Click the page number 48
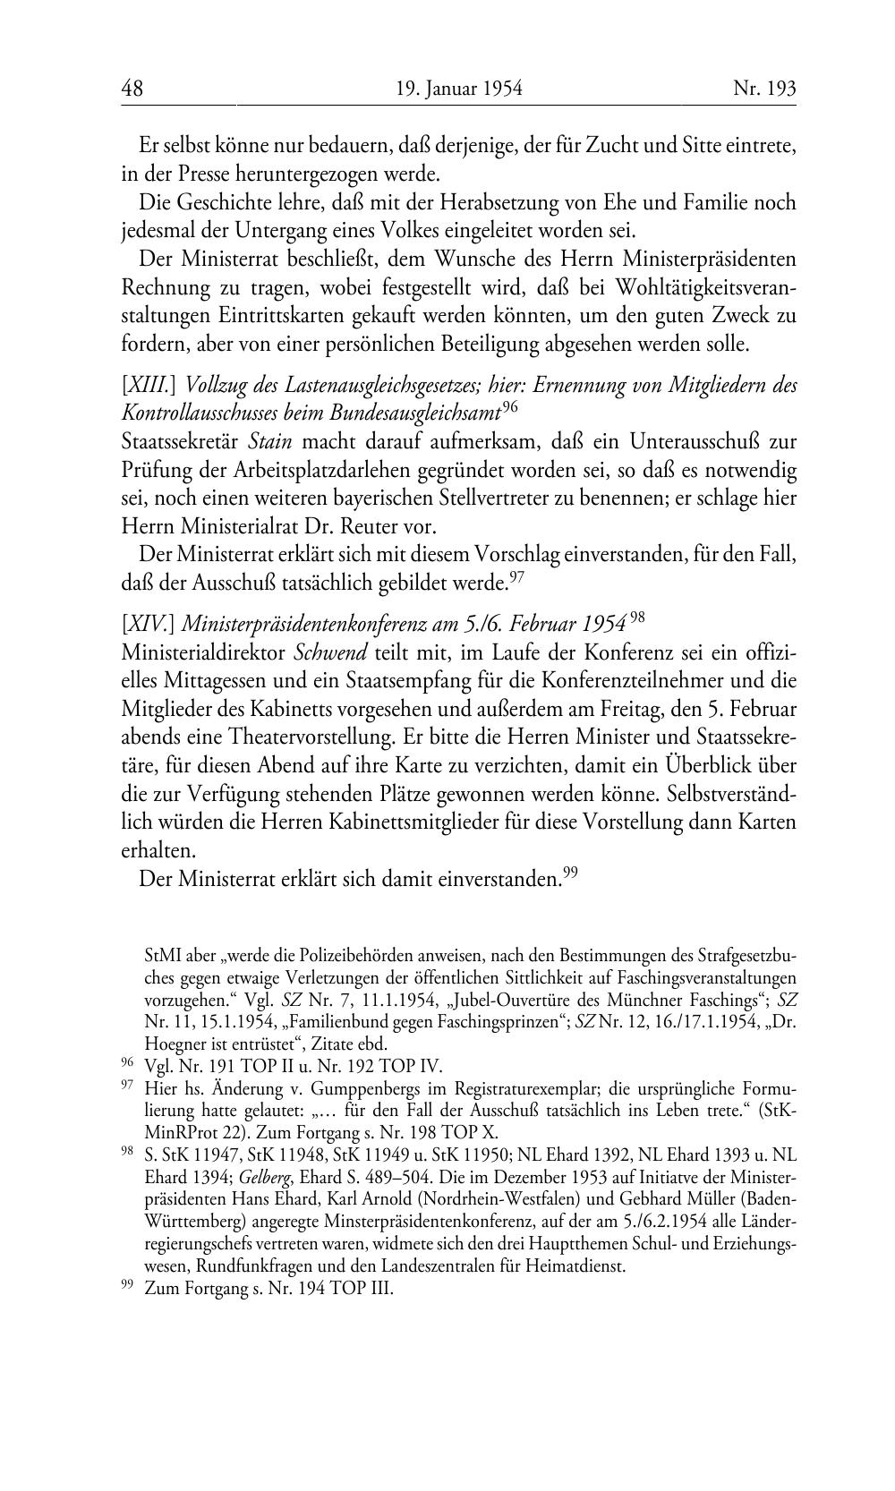[132, 89]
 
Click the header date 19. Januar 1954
[458, 89]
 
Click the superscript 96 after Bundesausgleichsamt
[510, 407]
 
